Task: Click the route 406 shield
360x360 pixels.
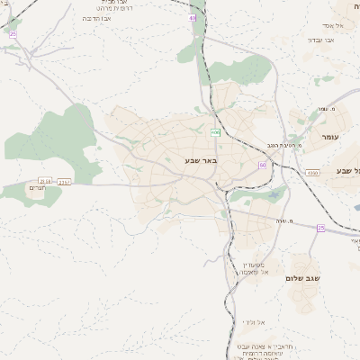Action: [x=216, y=133]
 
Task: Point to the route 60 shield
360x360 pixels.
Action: [x=262, y=165]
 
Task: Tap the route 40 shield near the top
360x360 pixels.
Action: [x=192, y=17]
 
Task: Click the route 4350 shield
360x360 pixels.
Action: [x=311, y=172]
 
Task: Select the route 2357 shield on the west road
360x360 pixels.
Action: [x=64, y=182]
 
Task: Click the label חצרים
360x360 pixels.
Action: [x=36, y=188]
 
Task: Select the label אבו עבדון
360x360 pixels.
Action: [x=320, y=40]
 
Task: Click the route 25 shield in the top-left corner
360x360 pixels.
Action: [x=13, y=33]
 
